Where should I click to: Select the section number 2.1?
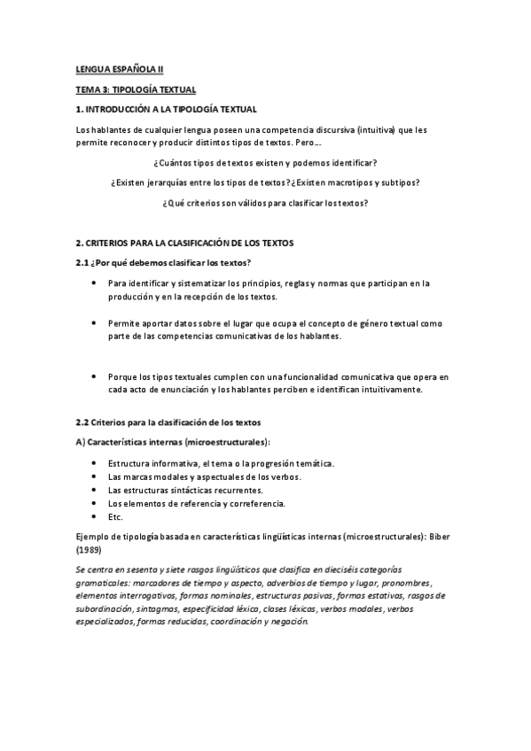point(82,261)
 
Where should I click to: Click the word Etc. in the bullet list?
point(116,517)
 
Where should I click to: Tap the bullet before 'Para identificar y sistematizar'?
point(95,283)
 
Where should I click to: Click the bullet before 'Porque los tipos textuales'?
point(95,376)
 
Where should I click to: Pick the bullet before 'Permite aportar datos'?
point(95,324)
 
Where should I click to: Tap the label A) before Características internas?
point(81,442)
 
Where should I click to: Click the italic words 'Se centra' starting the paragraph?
point(93,568)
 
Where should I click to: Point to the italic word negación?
point(287,622)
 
